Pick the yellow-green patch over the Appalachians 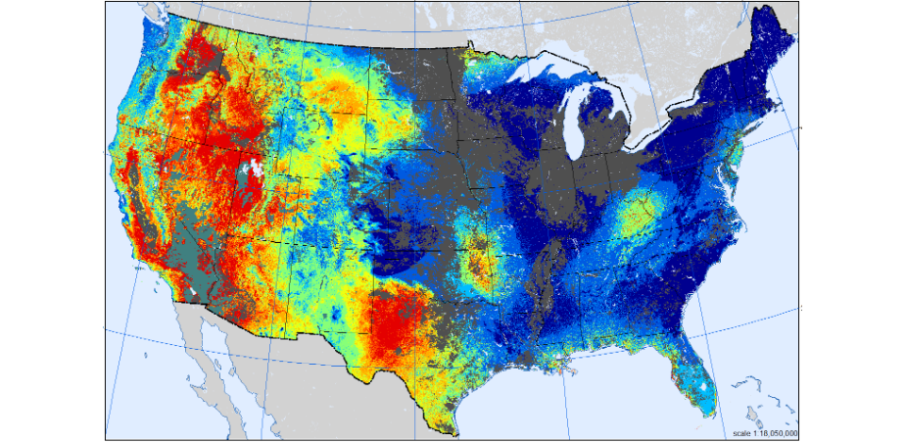coord(638,216)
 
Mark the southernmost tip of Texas coord(452,430)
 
